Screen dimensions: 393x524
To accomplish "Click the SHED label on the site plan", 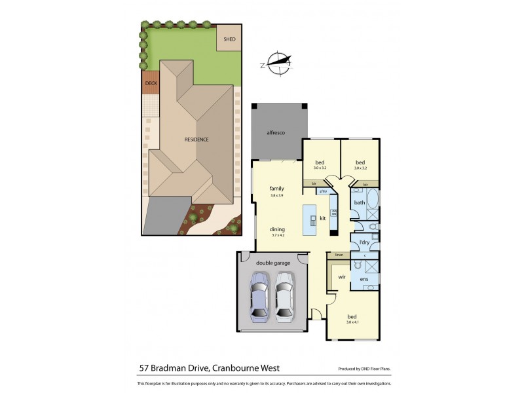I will pyautogui.click(x=229, y=39).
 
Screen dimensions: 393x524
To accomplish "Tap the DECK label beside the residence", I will pyautogui.click(x=151, y=83).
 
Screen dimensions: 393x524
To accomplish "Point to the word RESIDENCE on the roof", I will pyautogui.click(x=196, y=140).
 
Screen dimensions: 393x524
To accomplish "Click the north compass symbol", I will pyautogui.click(x=278, y=63).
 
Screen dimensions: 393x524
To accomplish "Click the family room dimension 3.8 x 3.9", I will pyautogui.click(x=276, y=195).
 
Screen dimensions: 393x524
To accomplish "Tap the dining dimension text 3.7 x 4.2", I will pyautogui.click(x=277, y=235).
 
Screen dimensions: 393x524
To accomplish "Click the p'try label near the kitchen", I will pyautogui.click(x=322, y=191).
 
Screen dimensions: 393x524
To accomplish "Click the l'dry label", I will pyautogui.click(x=364, y=243).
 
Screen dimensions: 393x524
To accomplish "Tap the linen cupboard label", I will pyautogui.click(x=339, y=254).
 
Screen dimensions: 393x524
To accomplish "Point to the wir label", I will pyautogui.click(x=341, y=277).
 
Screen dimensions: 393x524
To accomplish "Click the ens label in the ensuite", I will pyautogui.click(x=364, y=280).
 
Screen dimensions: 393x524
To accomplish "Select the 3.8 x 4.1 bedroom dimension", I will pyautogui.click(x=353, y=322).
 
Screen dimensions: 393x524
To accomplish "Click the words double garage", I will pyautogui.click(x=272, y=263).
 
